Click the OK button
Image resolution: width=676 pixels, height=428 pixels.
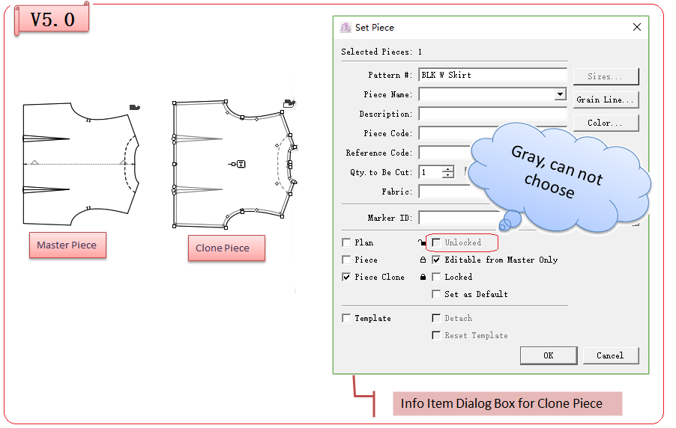548,355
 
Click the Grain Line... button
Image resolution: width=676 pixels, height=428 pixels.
606,100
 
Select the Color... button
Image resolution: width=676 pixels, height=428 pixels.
606,123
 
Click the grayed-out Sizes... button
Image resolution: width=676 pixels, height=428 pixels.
606,76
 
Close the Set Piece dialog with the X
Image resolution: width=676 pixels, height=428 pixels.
637,27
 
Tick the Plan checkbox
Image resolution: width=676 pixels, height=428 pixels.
346,242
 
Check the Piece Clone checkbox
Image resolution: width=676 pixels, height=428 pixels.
346,277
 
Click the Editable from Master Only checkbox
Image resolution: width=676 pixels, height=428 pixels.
436,260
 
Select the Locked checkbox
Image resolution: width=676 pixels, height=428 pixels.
436,277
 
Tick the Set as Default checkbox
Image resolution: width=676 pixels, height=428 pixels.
436,294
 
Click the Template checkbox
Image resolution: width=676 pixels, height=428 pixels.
346,318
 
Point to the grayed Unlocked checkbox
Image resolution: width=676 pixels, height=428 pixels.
436,242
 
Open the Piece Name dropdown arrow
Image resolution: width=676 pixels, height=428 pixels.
560,95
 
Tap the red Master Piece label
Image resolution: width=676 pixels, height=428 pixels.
67,245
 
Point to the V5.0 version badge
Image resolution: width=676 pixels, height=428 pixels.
52,19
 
